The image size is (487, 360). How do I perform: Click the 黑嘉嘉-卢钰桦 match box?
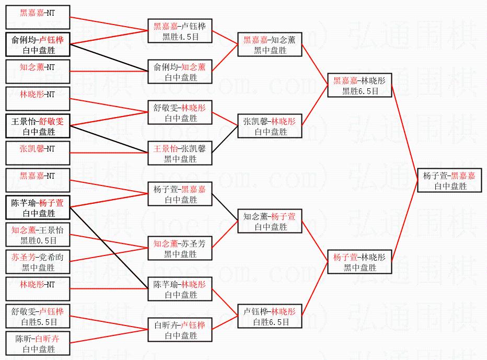pyautogui.click(x=180, y=31)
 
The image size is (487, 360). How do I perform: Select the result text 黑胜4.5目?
pyautogui.click(x=180, y=37)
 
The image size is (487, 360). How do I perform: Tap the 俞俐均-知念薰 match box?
pyautogui.click(x=180, y=72)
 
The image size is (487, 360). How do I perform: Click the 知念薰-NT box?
pyautogui.click(x=37, y=67)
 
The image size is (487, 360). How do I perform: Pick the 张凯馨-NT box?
pyautogui.click(x=37, y=148)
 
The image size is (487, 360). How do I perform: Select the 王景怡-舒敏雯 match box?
pyautogui.click(x=37, y=126)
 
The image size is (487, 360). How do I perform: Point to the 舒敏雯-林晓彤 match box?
pyautogui.click(x=180, y=112)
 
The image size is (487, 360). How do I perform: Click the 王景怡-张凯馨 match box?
pyautogui.click(x=180, y=153)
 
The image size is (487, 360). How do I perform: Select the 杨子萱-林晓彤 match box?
pyautogui.click(x=360, y=262)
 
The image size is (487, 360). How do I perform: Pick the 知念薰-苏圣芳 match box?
pyautogui.click(x=180, y=248)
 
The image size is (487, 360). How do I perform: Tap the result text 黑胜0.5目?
pyautogui.click(x=37, y=241)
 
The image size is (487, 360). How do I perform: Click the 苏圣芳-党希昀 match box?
pyautogui.click(x=37, y=262)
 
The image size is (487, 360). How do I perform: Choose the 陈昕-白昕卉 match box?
pyautogui.click(x=37, y=343)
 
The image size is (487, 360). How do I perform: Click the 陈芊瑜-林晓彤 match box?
pyautogui.click(x=180, y=289)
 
